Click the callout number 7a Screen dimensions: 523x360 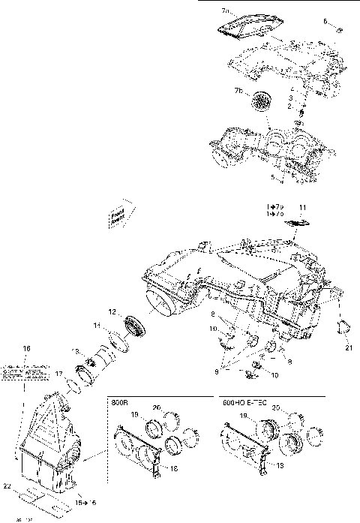tap(226, 12)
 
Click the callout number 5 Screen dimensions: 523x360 tap(274, 177)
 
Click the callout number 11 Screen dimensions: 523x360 tap(303, 206)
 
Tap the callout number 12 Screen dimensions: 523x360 tap(111, 311)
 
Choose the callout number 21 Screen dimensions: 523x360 tap(348, 347)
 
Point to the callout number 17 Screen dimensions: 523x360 tap(58, 373)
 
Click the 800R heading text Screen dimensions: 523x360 tap(120, 401)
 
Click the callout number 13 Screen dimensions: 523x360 tap(73, 351)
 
